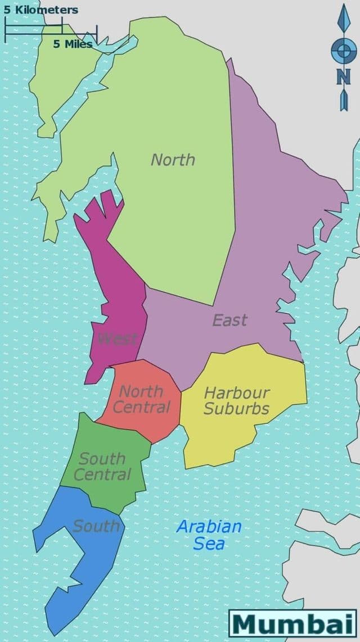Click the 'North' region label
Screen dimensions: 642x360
coord(173,160)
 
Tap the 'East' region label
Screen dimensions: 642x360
coord(229,320)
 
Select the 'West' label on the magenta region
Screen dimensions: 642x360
coord(117,338)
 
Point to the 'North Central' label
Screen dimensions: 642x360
coord(142,399)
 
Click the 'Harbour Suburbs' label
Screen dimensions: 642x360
coord(236,400)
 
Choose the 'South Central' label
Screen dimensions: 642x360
coord(102,467)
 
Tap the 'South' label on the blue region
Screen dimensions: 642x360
coord(96,526)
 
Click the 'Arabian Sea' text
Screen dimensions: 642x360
coord(209,535)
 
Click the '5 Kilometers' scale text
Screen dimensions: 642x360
coord(40,10)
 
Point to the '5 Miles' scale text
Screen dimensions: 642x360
coord(73,44)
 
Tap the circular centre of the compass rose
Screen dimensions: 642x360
coord(343,53)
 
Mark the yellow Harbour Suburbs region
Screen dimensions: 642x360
coord(247,433)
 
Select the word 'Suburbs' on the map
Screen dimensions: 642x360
coord(236,408)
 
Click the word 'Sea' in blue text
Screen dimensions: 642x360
coord(209,544)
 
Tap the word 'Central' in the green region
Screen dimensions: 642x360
coord(102,474)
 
